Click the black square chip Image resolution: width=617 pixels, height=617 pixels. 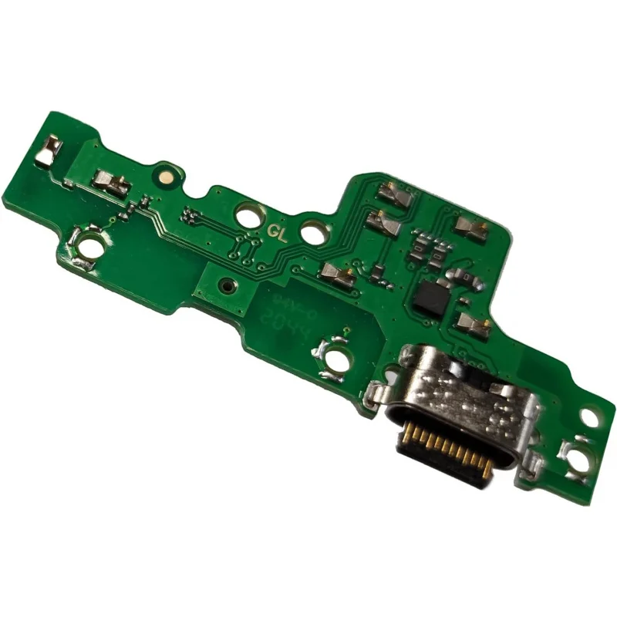click(429, 296)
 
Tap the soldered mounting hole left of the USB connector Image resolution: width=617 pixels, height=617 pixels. click(338, 358)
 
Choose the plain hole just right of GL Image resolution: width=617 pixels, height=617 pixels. click(311, 230)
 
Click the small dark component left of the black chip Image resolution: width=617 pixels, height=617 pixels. click(379, 271)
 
